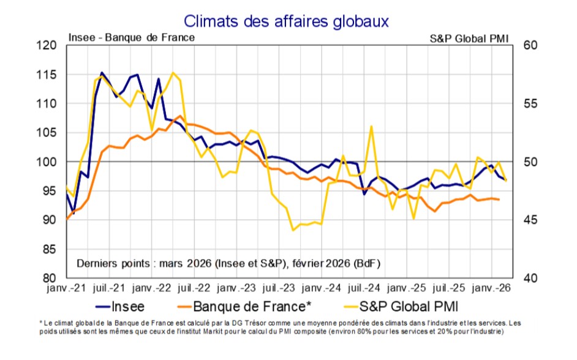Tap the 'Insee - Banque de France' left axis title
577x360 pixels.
(131, 37)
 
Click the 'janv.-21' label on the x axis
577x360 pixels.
(65, 288)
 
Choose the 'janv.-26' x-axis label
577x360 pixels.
(489, 288)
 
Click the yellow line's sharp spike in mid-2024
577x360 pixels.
(372, 126)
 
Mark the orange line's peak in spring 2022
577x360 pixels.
(179, 116)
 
